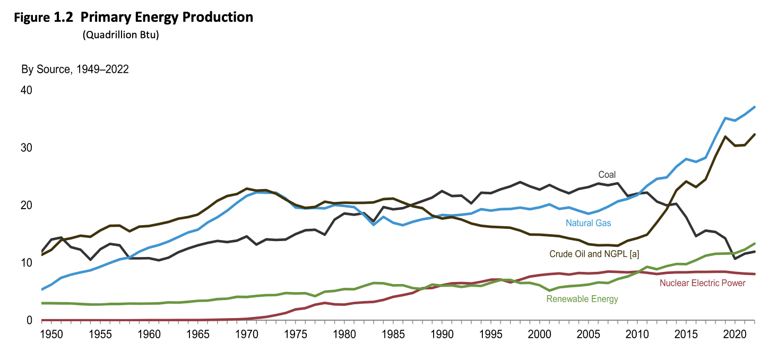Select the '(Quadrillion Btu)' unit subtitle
tap(120, 36)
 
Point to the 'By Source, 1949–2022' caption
tap(75, 70)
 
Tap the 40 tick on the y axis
tap(27, 90)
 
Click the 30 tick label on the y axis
tap(27, 148)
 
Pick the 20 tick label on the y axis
tap(27, 205)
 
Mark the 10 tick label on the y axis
tap(27, 263)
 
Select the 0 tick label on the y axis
tap(30, 320)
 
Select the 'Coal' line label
tap(607, 175)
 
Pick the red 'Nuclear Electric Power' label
tap(702, 283)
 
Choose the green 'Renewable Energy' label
tap(582, 299)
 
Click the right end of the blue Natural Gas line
tap(754, 107)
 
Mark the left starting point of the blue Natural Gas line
tap(42, 289)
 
